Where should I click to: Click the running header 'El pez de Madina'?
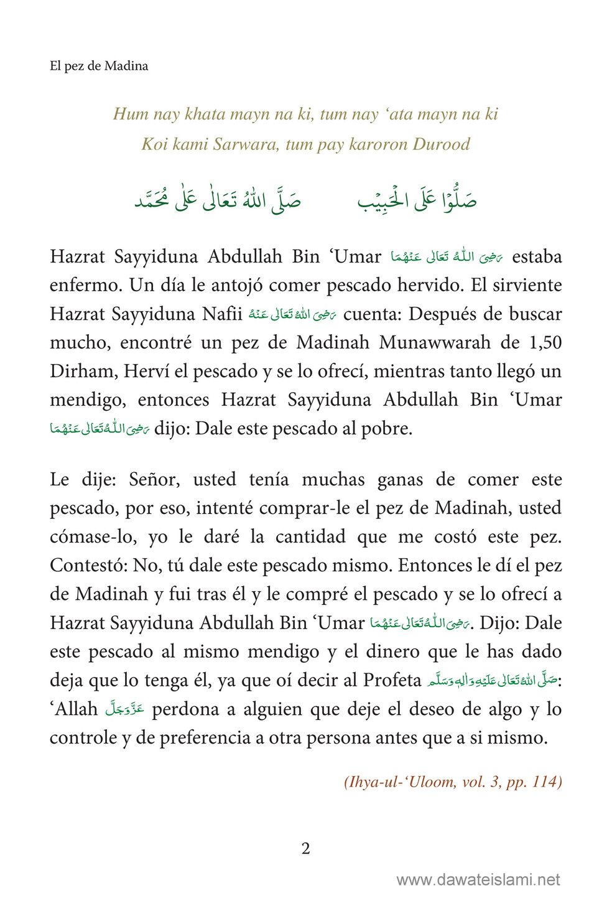pyautogui.click(x=99, y=66)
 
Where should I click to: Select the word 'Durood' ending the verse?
pyautogui.click(x=442, y=144)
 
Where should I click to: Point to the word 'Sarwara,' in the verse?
pyautogui.click(x=246, y=144)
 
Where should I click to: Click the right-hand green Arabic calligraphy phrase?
pyautogui.click(x=417, y=199)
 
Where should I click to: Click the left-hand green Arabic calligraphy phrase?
pyautogui.click(x=218, y=199)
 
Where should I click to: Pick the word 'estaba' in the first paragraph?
pyautogui.click(x=537, y=256)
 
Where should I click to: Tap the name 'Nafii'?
pyautogui.click(x=222, y=314)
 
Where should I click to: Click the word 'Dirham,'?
pyautogui.click(x=83, y=371)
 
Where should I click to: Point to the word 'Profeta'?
pyautogui.click(x=392, y=680)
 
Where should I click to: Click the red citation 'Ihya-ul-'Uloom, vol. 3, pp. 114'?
pyautogui.click(x=453, y=782)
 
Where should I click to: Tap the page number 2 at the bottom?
pyautogui.click(x=305, y=848)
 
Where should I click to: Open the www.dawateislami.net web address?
pyautogui.click(x=478, y=879)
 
